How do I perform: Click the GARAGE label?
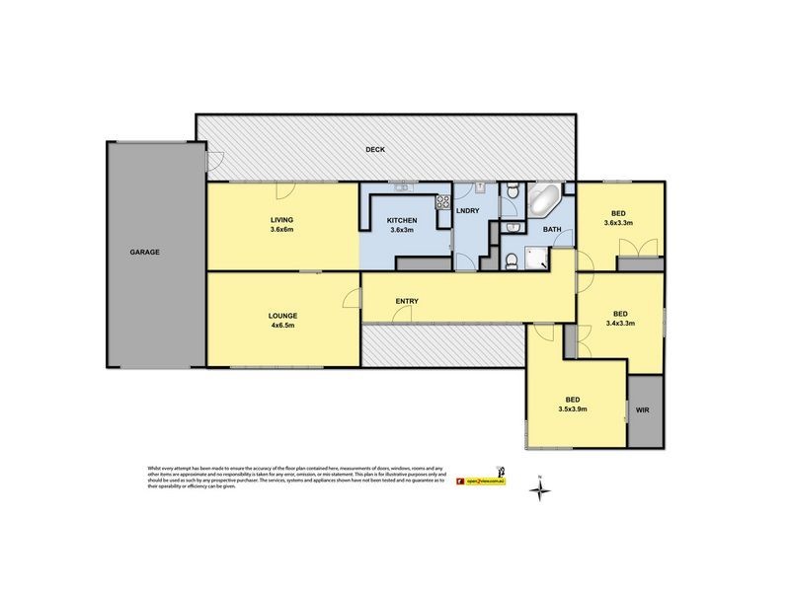coord(143,252)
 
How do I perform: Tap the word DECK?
coord(374,150)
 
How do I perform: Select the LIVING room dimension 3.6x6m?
coord(282,229)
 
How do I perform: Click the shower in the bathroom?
coord(536,259)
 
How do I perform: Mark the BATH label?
coord(552,230)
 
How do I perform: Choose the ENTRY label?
coord(406,301)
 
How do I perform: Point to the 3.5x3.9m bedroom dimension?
coord(572,408)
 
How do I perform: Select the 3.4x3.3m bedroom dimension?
coord(617,322)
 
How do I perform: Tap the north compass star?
coord(541,489)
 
